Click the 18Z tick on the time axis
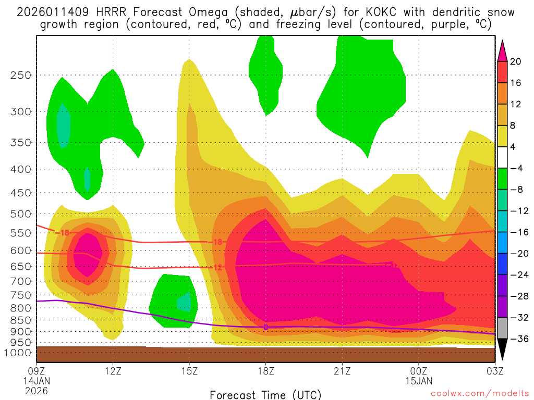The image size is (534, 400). click(265, 372)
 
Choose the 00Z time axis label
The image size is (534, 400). click(419, 372)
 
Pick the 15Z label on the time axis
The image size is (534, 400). click(189, 372)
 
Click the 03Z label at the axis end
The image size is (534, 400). click(495, 372)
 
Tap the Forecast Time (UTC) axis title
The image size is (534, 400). click(265, 394)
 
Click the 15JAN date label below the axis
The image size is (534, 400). click(419, 381)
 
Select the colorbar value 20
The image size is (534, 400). click(516, 61)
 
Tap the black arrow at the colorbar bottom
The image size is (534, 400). click(502, 349)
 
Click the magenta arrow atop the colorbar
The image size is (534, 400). click(502, 50)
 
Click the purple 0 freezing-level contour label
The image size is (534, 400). click(265, 327)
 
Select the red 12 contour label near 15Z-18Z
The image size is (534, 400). click(218, 267)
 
